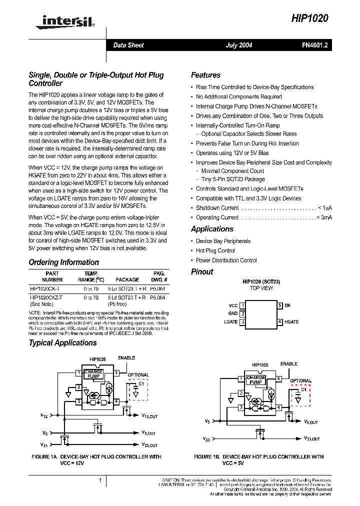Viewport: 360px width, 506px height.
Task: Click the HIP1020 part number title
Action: pos(310,18)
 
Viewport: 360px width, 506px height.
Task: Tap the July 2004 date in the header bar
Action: pos(239,45)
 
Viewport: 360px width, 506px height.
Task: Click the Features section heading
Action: pos(205,75)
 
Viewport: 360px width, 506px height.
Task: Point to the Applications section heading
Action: pos(212,229)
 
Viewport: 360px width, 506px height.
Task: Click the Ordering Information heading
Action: pos(63,262)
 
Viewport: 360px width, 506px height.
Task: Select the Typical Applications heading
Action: pos(62,343)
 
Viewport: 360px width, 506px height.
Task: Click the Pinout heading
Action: pos(202,272)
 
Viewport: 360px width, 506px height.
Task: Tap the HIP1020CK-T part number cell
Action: pos(45,289)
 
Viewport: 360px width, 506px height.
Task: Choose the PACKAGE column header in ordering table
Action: pos(127,280)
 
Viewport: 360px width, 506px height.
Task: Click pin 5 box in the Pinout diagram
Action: pos(280,305)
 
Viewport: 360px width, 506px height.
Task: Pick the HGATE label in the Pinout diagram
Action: pos(291,322)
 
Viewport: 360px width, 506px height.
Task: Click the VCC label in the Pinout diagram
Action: pos(233,305)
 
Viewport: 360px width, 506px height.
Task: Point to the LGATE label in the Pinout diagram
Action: pos(231,322)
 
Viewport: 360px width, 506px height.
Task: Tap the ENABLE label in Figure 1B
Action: pos(289,364)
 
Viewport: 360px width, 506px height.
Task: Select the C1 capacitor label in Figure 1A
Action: pos(141,383)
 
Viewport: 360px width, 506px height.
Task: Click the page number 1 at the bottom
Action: pos(100,480)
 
